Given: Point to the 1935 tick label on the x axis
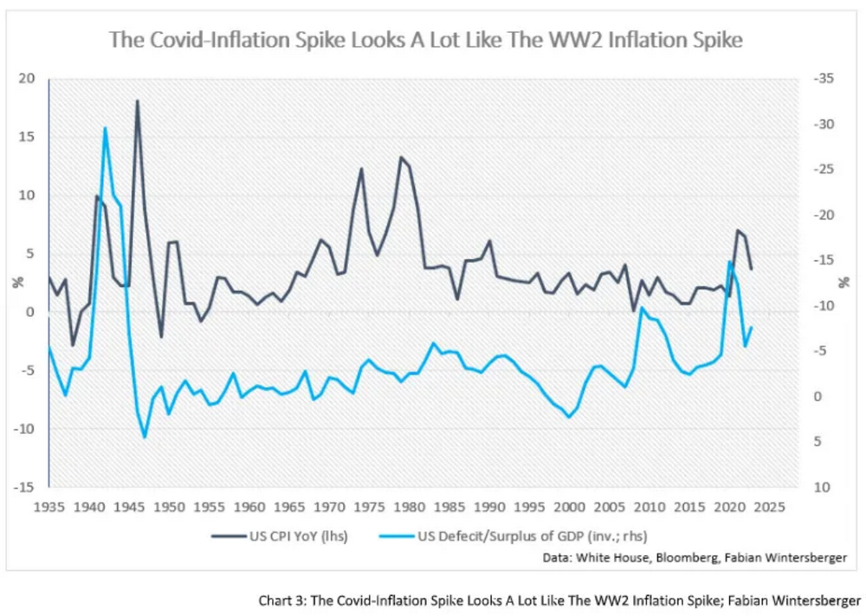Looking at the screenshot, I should (49, 505).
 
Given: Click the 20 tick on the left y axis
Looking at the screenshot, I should (28, 79).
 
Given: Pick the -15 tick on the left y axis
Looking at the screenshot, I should (25, 487).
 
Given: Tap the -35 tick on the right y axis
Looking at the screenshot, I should (824, 79).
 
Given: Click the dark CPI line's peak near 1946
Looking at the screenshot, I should (137, 101).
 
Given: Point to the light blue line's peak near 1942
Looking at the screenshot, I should (105, 128).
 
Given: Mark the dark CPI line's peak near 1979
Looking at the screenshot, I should (400, 157).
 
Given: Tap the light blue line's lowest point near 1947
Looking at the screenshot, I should (145, 437).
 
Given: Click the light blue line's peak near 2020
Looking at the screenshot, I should (729, 261).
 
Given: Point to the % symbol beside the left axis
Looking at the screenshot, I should (16, 282).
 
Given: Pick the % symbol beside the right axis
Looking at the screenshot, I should (843, 282).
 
